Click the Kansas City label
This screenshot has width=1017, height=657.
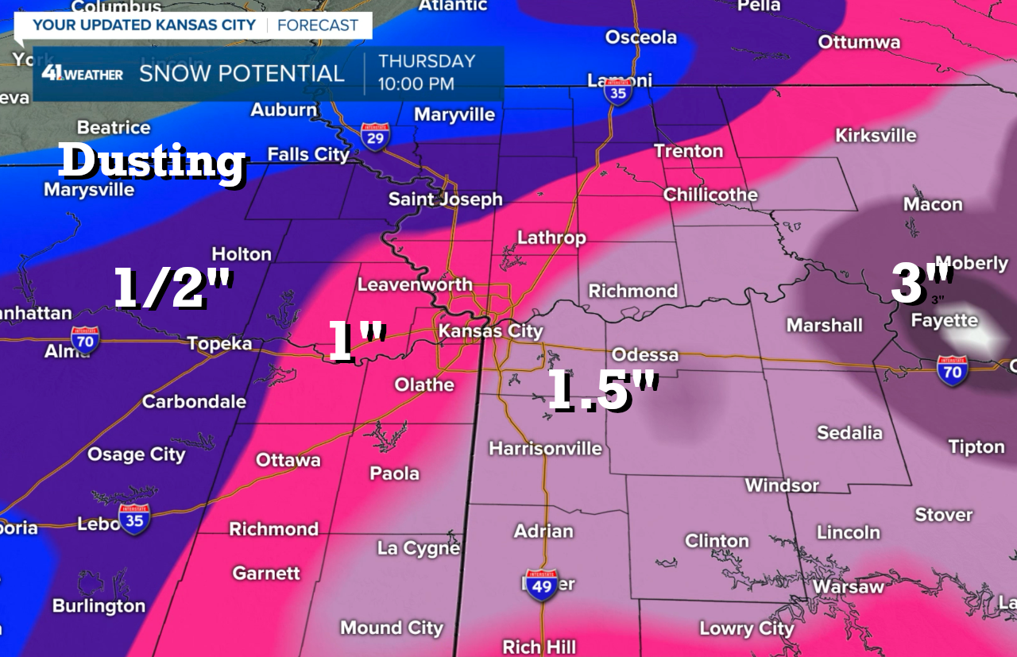(x=491, y=331)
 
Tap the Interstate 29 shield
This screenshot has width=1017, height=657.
(x=375, y=137)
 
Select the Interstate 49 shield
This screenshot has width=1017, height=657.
(x=540, y=585)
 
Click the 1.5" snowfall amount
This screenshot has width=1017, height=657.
(x=604, y=392)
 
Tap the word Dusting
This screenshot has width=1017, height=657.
(x=153, y=161)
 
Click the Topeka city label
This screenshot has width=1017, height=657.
(x=219, y=343)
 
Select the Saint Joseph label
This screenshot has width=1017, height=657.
(x=445, y=199)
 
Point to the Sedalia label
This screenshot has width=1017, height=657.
(x=849, y=432)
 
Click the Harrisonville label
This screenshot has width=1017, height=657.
(x=545, y=448)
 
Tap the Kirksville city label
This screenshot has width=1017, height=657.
(x=876, y=135)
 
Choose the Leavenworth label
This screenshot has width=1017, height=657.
(x=415, y=284)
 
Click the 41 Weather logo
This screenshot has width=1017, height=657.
(x=83, y=74)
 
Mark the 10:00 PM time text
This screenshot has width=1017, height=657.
(x=416, y=83)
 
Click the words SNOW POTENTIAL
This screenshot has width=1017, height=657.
(x=242, y=74)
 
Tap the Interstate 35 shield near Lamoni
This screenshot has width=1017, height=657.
(x=617, y=92)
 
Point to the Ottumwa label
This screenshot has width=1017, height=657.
(x=859, y=41)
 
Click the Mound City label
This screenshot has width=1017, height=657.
(x=391, y=628)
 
